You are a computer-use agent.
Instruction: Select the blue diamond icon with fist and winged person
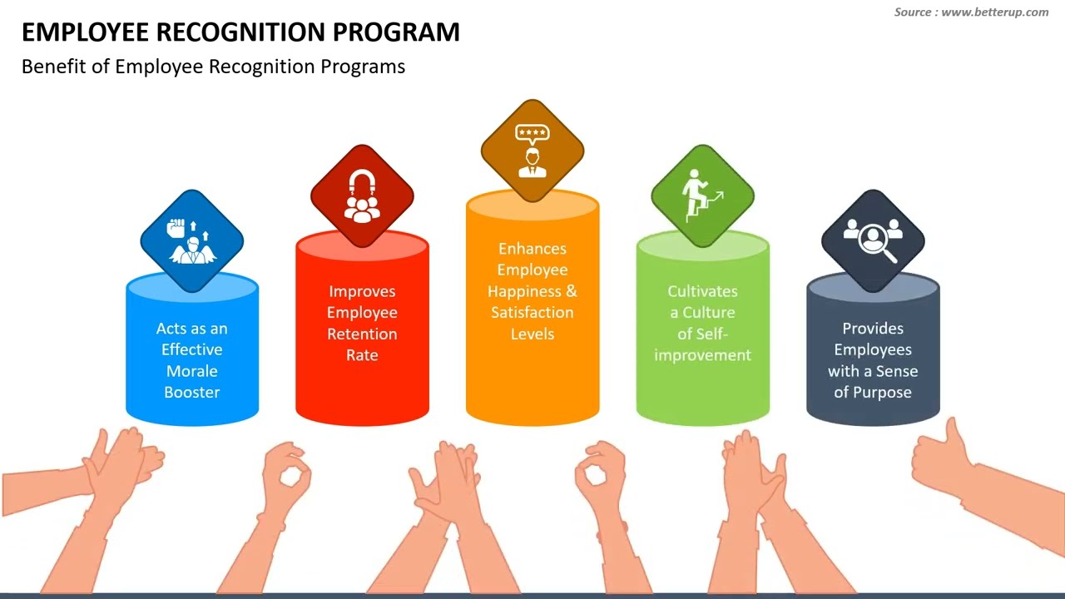point(192,240)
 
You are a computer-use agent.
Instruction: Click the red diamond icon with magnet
point(362,196)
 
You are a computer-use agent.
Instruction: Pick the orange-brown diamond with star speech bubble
point(532,151)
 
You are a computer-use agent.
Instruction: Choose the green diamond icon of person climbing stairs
point(703,196)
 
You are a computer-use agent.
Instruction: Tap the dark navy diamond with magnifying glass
point(873,240)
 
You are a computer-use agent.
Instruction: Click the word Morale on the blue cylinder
point(191,371)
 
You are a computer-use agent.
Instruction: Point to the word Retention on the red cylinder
point(362,334)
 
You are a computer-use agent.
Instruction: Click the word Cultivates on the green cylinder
point(702,291)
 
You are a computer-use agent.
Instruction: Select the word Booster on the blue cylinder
point(192,392)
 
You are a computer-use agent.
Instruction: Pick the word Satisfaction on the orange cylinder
point(532,312)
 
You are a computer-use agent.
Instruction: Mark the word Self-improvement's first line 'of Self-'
point(702,334)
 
